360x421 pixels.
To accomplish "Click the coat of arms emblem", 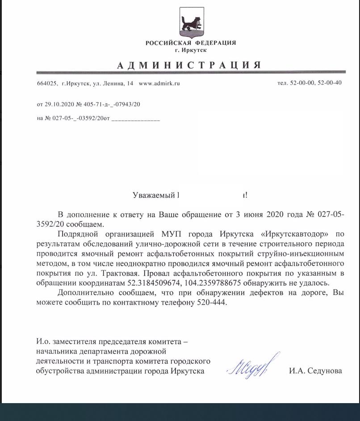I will click(192, 22).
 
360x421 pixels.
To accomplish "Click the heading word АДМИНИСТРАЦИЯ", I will click(189, 65).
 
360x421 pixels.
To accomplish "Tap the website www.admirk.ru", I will click(159, 83).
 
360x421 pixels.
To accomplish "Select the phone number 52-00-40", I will click(329, 83).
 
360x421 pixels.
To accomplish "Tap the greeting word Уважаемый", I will click(153, 195).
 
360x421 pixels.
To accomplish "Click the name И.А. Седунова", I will click(315, 370).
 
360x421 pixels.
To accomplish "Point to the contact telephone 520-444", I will click(212, 303).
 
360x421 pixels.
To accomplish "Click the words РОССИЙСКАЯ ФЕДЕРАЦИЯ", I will click(191, 43).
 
